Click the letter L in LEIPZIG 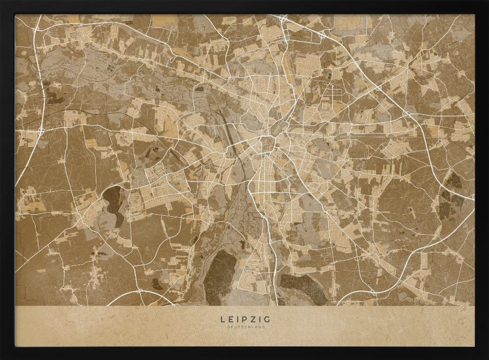pyautogui.click(x=223, y=319)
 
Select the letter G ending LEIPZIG pyautogui.click(x=267, y=319)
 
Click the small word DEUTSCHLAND pyautogui.click(x=244, y=327)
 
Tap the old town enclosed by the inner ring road pyautogui.click(x=267, y=145)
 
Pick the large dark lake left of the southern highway pyautogui.click(x=219, y=276)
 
